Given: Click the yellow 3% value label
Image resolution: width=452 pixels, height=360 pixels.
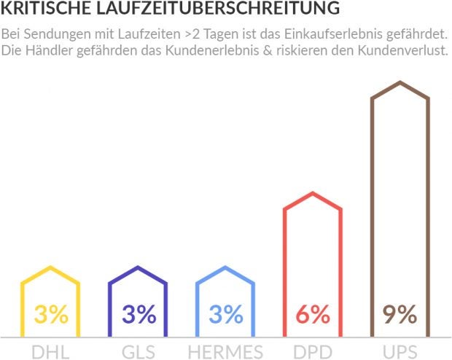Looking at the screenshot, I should click(x=51, y=315).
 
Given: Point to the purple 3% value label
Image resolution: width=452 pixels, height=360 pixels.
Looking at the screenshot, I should click(x=139, y=315).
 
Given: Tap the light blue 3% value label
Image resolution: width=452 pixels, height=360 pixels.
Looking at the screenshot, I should click(x=226, y=315).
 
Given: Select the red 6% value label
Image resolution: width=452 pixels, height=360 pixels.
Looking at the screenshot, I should click(x=313, y=315).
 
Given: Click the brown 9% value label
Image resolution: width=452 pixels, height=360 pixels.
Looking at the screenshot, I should click(x=400, y=315).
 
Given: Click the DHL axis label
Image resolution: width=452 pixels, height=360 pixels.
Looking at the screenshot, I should click(x=50, y=351).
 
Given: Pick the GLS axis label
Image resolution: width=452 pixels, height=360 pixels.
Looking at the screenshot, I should click(x=138, y=351).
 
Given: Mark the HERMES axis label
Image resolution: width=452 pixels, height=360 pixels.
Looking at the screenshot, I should click(x=225, y=351).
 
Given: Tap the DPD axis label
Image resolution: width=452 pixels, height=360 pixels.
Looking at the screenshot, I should click(x=313, y=351).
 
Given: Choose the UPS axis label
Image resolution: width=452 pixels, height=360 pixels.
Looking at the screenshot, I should click(x=400, y=351).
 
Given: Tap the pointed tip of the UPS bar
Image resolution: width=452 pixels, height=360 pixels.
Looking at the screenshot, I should click(x=400, y=83).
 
